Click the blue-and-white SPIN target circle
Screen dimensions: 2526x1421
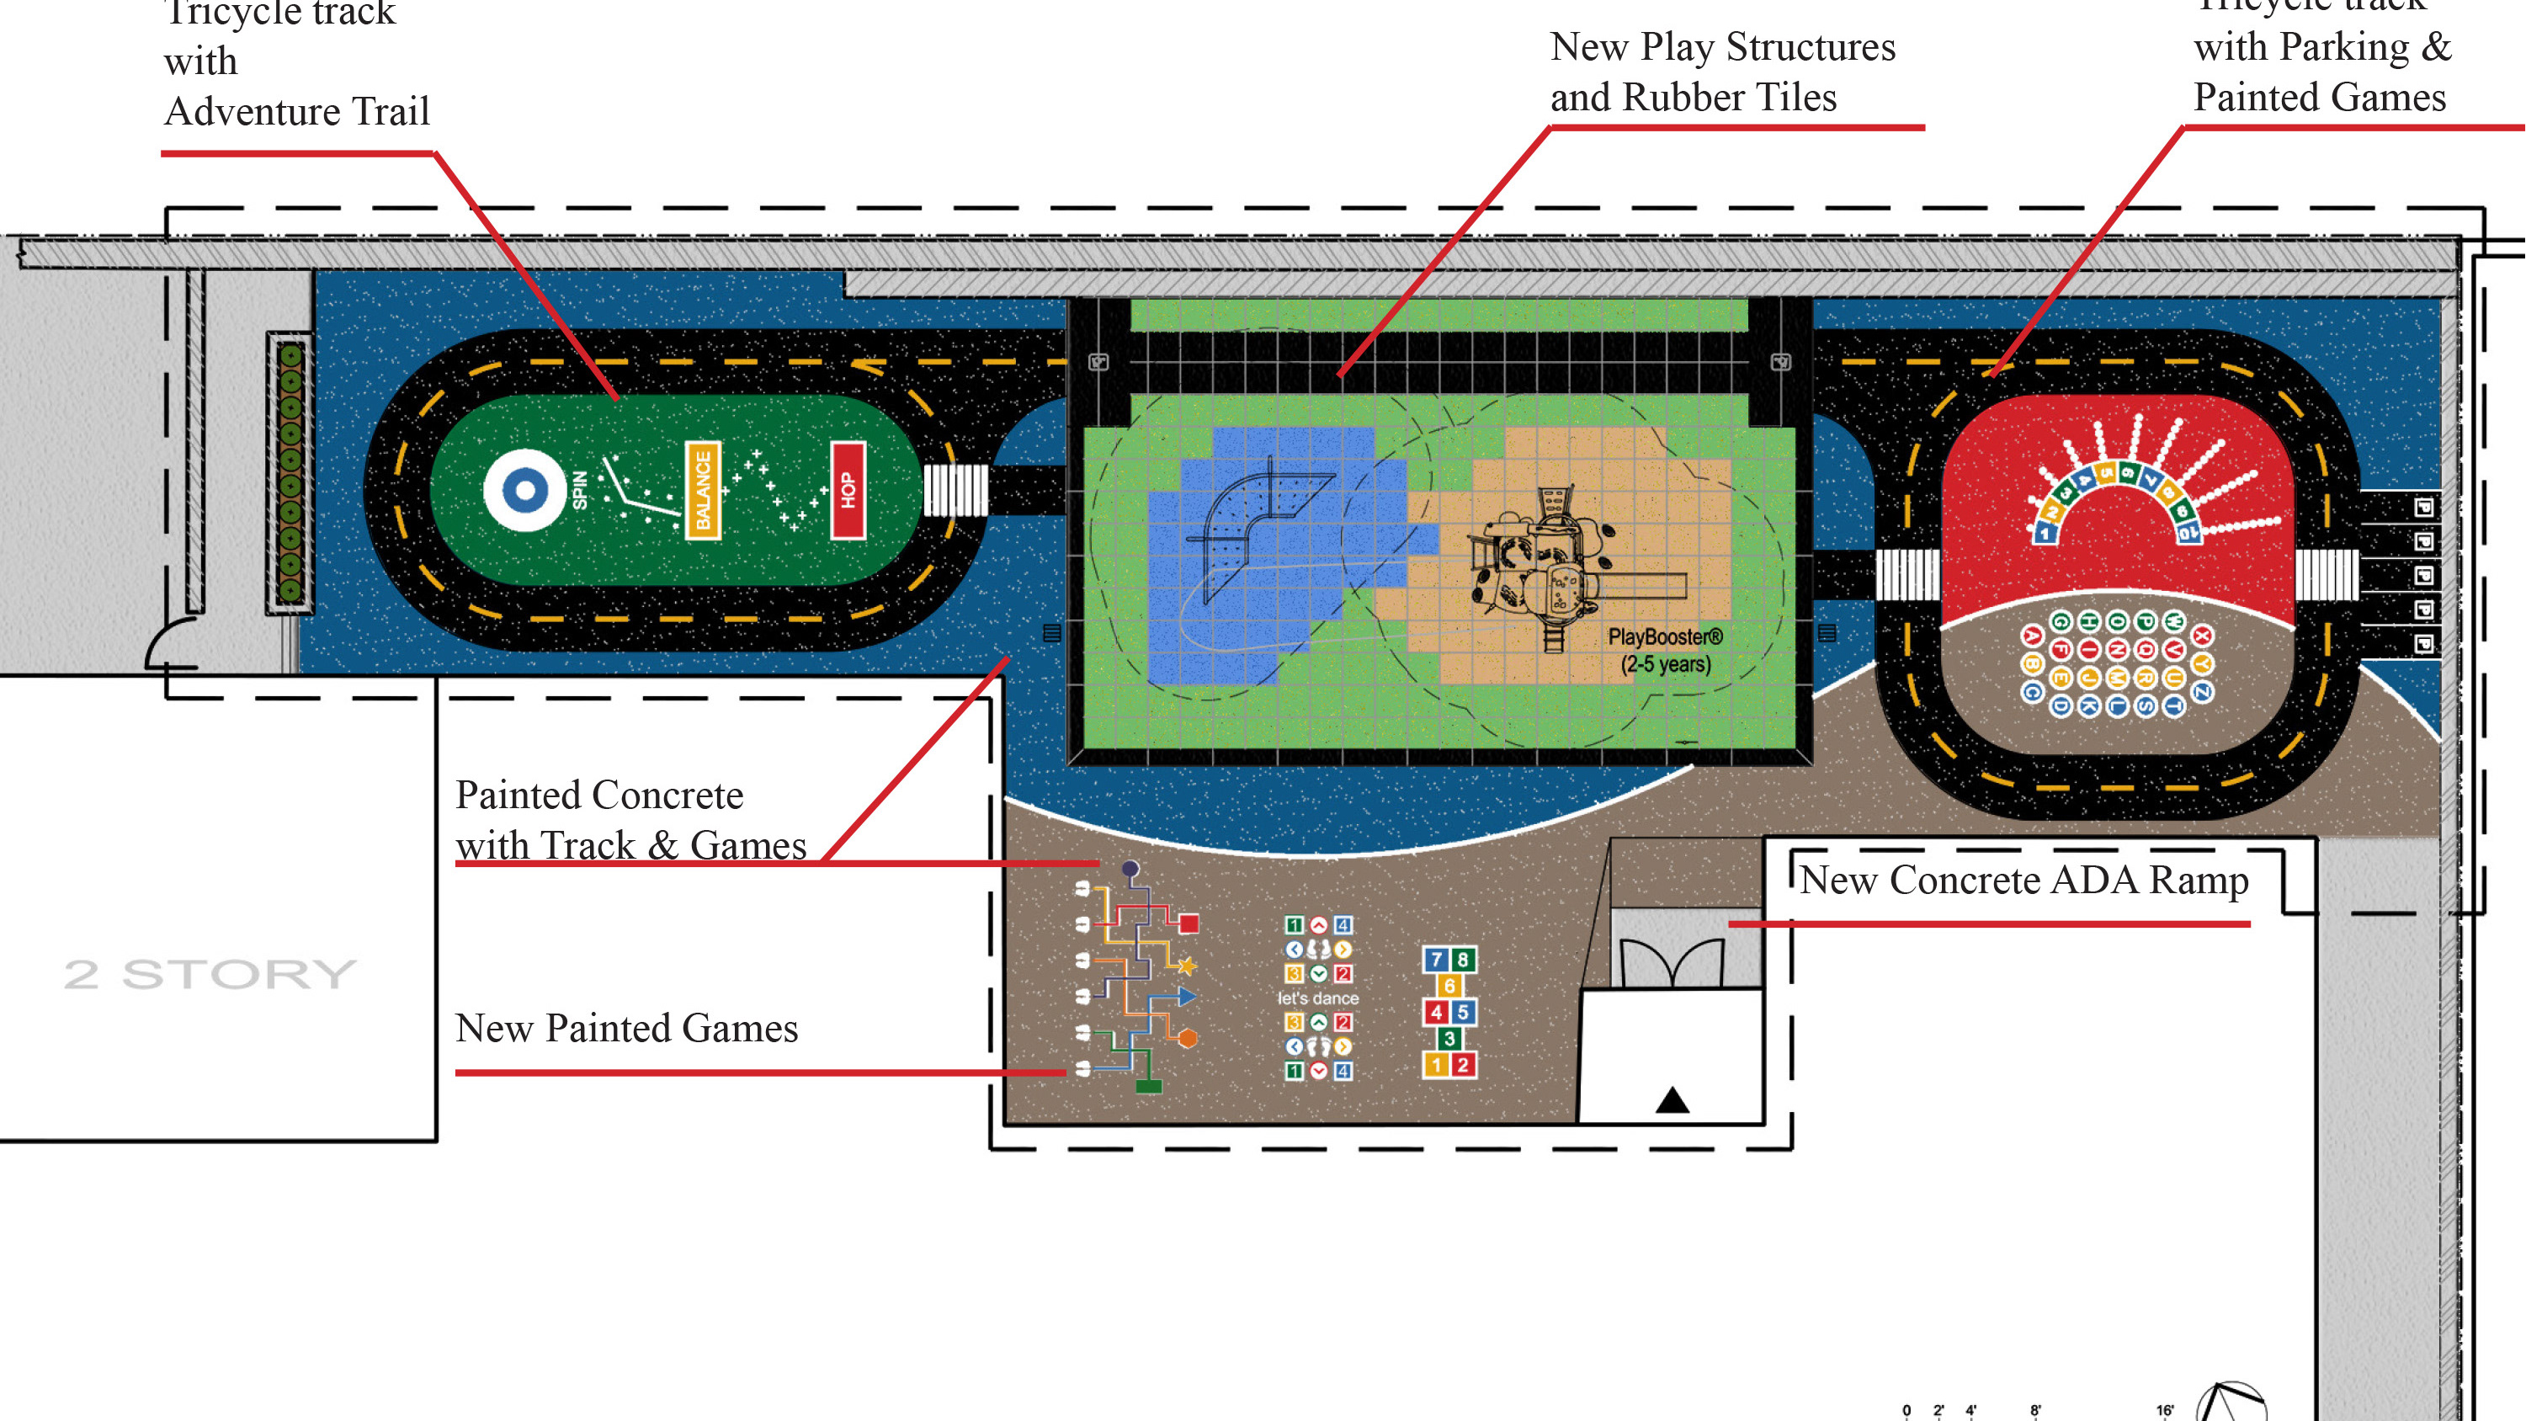pyautogui.click(x=524, y=489)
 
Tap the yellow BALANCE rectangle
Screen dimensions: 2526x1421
pyautogui.click(x=702, y=489)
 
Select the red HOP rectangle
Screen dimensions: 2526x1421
pyautogui.click(x=848, y=489)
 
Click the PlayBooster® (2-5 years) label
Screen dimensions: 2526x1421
pyautogui.click(x=1665, y=650)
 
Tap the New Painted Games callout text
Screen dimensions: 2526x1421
pyautogui.click(x=626, y=1028)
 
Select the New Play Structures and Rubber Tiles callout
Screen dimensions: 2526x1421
pyautogui.click(x=1722, y=72)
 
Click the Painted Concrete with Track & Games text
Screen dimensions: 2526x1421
pyautogui.click(x=630, y=820)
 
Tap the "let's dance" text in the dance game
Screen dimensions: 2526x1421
pyautogui.click(x=1318, y=998)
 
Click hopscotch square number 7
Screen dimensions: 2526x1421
pyautogui.click(x=1436, y=959)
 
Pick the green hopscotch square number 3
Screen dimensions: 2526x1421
pyautogui.click(x=1449, y=1038)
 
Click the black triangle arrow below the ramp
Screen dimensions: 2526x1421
pyautogui.click(x=1672, y=1100)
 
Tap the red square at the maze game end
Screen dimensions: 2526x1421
pyautogui.click(x=1189, y=923)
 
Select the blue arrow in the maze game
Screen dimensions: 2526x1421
pyautogui.click(x=1187, y=997)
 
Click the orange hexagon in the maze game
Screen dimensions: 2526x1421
pyautogui.click(x=1188, y=1038)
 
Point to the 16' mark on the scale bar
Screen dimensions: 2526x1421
pyautogui.click(x=2165, y=1410)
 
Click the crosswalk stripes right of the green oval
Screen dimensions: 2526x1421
pyautogui.click(x=956, y=489)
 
